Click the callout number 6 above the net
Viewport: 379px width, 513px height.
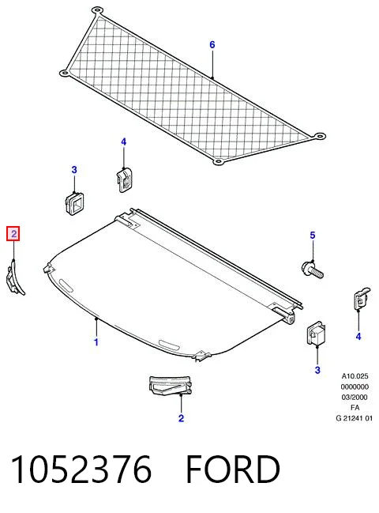(x=212, y=44)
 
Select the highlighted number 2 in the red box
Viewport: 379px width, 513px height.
(x=13, y=234)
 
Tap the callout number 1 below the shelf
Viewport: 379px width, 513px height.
(x=96, y=342)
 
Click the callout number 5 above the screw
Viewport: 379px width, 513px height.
(x=313, y=236)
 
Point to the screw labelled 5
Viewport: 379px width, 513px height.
(x=313, y=270)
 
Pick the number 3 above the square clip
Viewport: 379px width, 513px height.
(x=74, y=170)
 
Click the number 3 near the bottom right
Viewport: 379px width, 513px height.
(x=317, y=370)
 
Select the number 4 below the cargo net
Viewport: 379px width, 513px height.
(x=123, y=141)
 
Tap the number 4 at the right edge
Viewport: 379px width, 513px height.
(x=358, y=336)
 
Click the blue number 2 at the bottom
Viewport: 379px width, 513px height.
(x=181, y=418)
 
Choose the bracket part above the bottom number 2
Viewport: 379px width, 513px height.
(x=170, y=386)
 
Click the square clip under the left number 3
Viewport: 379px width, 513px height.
(x=74, y=203)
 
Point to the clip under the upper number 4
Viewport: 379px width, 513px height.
(x=124, y=179)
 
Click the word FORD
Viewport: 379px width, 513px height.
(x=233, y=470)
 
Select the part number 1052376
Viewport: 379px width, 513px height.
(x=81, y=470)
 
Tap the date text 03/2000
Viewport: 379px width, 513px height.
(x=355, y=397)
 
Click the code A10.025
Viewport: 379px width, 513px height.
(x=355, y=376)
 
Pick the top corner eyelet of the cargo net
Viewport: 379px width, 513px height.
(x=96, y=9)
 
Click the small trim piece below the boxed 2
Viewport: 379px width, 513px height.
(x=13, y=277)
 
